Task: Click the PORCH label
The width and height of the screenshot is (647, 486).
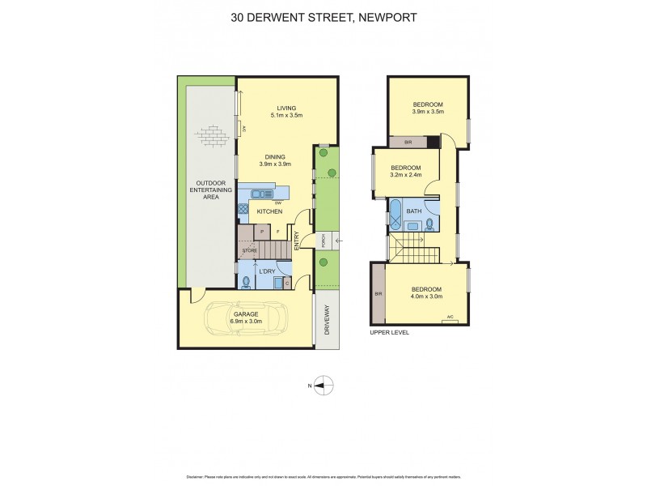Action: (323, 241)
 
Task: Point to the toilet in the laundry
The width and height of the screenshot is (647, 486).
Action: (245, 282)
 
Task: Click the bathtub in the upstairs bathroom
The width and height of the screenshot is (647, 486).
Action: (396, 215)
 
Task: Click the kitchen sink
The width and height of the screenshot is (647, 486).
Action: (260, 194)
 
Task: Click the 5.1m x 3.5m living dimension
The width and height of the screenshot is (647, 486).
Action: (286, 116)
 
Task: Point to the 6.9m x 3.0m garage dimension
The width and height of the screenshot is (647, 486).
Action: (245, 322)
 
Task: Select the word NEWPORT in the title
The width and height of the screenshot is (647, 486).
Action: (383, 17)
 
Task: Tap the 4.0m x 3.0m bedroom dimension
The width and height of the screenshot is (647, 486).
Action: (427, 297)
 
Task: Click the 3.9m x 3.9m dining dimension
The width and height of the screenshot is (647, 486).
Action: (275, 164)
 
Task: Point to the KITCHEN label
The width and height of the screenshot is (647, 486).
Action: (269, 212)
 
